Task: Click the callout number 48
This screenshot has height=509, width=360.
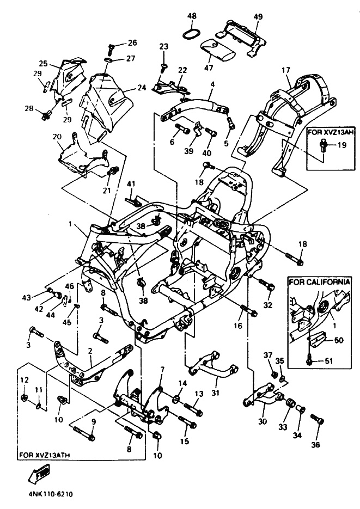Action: pyautogui.click(x=192, y=16)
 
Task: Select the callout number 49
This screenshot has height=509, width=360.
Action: pyautogui.click(x=258, y=16)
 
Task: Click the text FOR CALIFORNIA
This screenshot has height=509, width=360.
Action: pyautogui.click(x=319, y=281)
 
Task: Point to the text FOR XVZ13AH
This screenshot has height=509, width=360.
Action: pyautogui.click(x=331, y=132)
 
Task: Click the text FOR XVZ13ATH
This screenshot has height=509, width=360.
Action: pyautogui.click(x=45, y=455)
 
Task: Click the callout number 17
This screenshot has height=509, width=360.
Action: pyautogui.click(x=286, y=70)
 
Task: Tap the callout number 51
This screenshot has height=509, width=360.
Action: pyautogui.click(x=329, y=361)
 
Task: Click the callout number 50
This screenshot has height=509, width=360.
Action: pyautogui.click(x=339, y=340)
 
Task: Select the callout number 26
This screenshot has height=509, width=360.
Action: pyautogui.click(x=132, y=42)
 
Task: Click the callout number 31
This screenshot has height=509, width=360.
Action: pyautogui.click(x=216, y=393)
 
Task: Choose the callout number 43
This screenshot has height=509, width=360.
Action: pyautogui.click(x=26, y=297)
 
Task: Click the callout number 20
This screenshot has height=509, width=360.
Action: pyautogui.click(x=57, y=137)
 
